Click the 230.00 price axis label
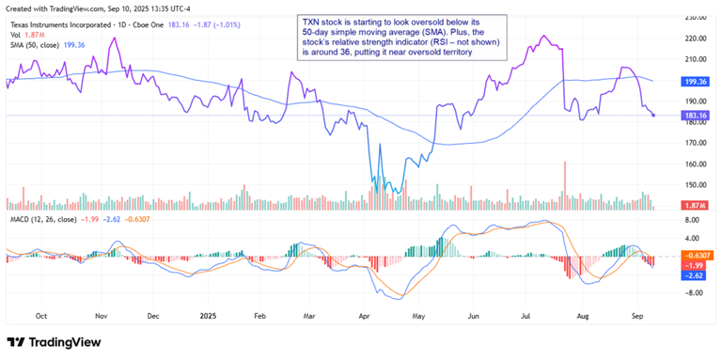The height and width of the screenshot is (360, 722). click(696, 18)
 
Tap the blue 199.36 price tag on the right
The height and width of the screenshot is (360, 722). click(697, 82)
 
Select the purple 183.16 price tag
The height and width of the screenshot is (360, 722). click(697, 115)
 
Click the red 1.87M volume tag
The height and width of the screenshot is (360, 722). click(697, 206)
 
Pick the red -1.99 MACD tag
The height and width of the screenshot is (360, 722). click(697, 266)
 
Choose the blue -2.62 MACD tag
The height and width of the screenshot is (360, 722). click(697, 276)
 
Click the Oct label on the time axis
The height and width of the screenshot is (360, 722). click(40, 317)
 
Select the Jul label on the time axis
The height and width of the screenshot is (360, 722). click(529, 317)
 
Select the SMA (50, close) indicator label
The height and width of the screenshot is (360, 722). click(34, 43)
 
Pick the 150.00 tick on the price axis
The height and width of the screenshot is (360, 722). click(696, 185)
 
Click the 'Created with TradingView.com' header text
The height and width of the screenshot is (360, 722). click(66, 7)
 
